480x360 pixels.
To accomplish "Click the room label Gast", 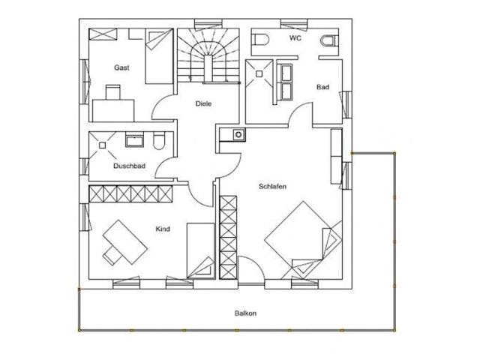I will (121, 67).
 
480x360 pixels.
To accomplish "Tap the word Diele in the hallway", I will (202, 103).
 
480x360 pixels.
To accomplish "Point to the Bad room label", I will (322, 88).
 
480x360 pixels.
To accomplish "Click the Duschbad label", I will (129, 166).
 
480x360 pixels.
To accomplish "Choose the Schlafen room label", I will (274, 187).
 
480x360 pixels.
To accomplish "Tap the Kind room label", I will (163, 229).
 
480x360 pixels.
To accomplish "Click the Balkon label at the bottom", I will (244, 313).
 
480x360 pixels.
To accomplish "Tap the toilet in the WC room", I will (327, 41).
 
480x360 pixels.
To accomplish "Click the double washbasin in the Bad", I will (286, 82).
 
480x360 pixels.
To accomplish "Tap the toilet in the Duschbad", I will (157, 142).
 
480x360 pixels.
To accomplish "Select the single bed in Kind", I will (200, 250).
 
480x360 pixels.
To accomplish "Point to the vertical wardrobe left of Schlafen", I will (227, 237).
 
